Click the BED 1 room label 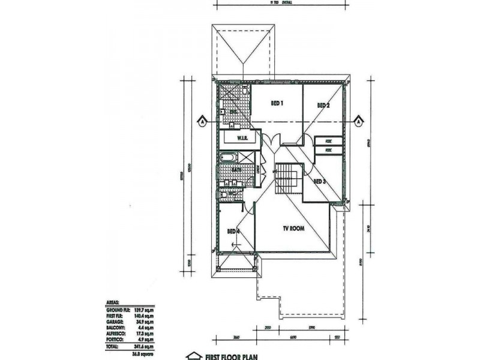277,103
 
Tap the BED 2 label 323,106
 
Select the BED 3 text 319,181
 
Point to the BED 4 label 233,231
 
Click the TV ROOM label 295,229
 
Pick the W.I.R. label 242,138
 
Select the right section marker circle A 358,121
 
